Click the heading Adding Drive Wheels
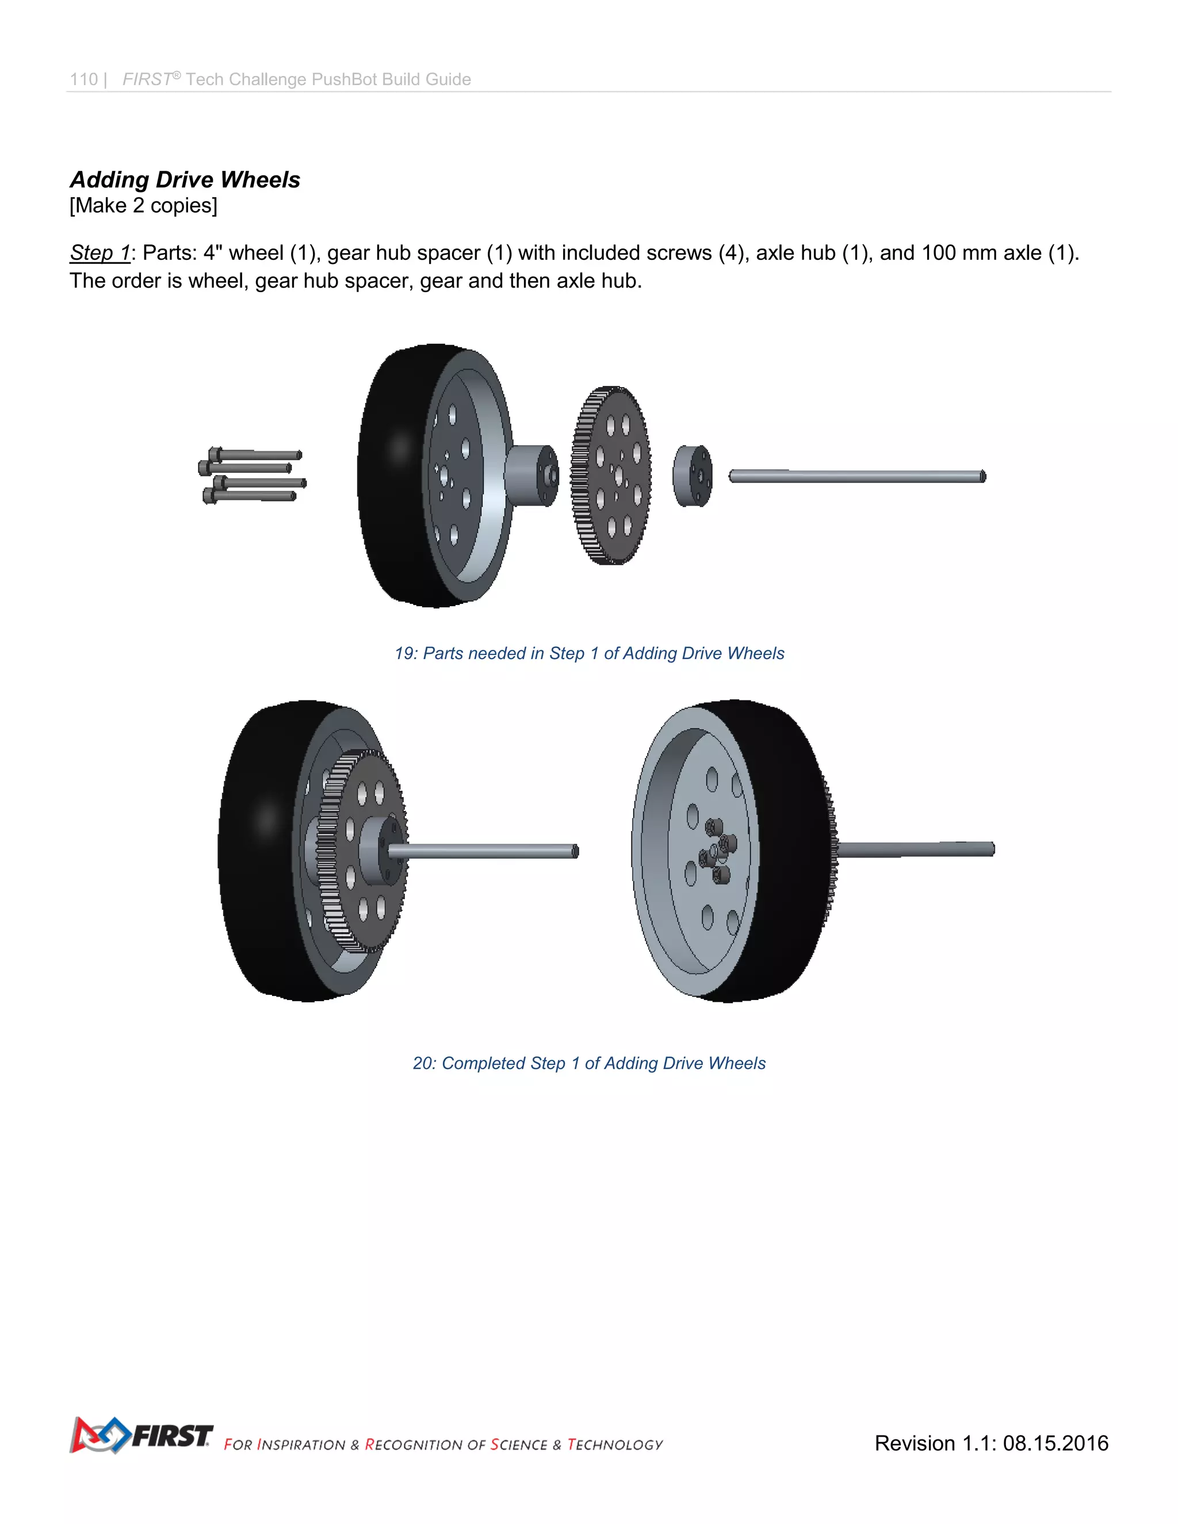pyautogui.click(x=185, y=179)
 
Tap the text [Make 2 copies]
pyautogui.click(x=143, y=206)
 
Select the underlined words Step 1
pyautogui.click(x=100, y=252)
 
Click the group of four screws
pyautogui.click(x=251, y=475)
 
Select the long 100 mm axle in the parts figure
pyautogui.click(x=857, y=476)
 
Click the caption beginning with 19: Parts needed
pyautogui.click(x=589, y=653)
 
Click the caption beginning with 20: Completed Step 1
pyautogui.click(x=589, y=1063)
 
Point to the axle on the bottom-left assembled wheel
pyautogui.click(x=488, y=851)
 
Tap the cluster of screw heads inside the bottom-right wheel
pyautogui.click(x=717, y=850)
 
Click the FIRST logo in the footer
pyautogui.click(x=141, y=1435)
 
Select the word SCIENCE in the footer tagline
pyautogui.click(x=518, y=1445)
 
